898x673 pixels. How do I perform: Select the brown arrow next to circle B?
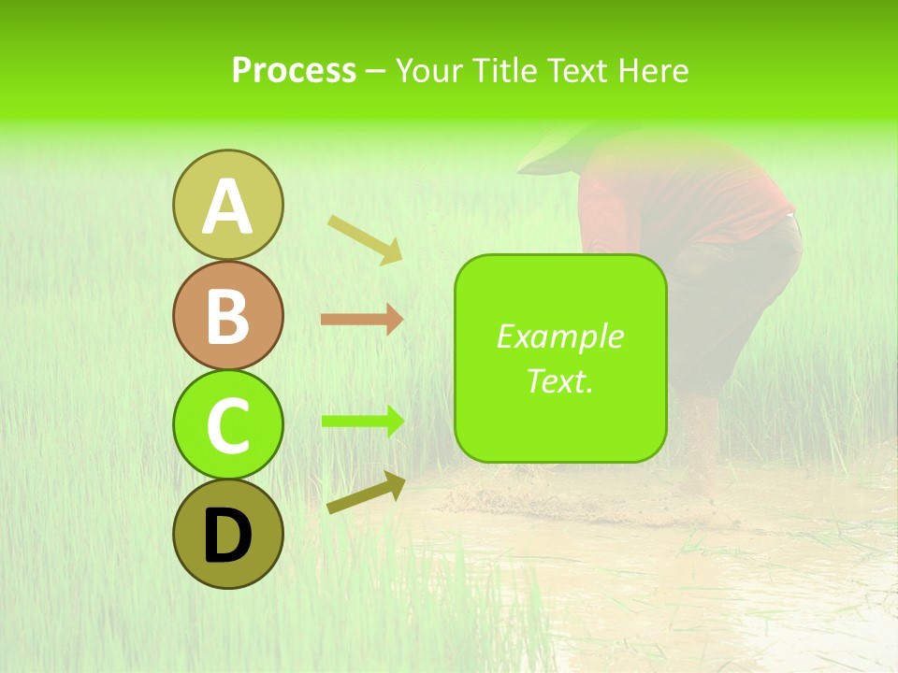362,320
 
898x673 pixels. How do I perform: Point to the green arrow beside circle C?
363,421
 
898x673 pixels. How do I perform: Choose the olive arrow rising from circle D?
366,493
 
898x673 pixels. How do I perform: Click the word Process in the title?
294,70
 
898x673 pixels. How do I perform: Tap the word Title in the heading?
503,70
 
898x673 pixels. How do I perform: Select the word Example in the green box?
559,336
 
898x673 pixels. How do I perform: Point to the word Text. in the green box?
559,380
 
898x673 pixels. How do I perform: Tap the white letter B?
227,316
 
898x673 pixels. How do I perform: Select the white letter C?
227,425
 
